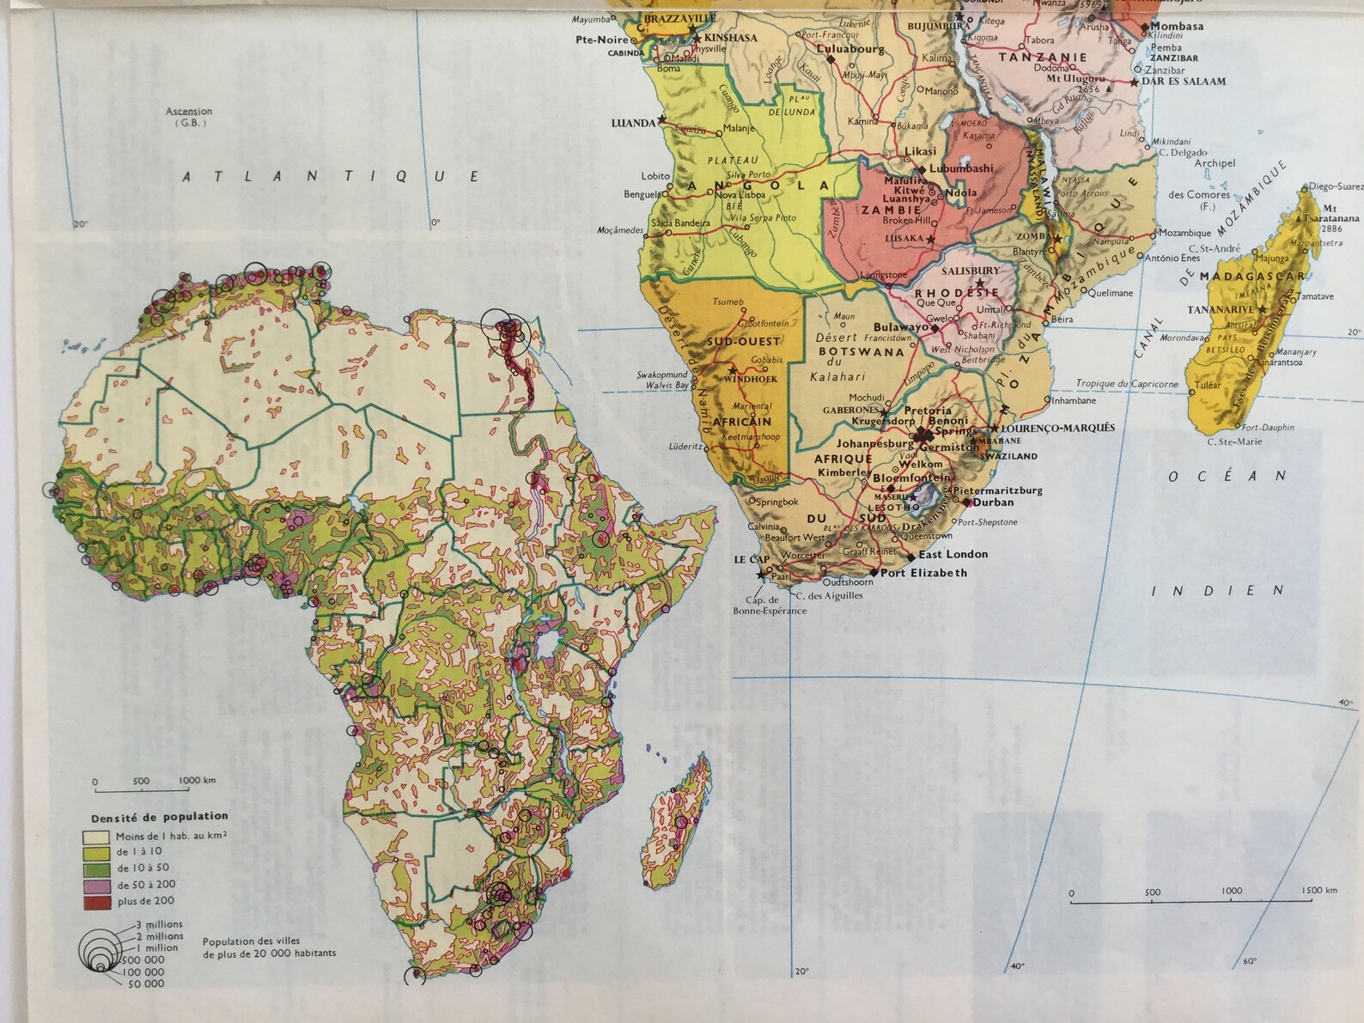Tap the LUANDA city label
click(x=633, y=124)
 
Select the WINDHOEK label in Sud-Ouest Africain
click(x=750, y=379)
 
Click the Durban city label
click(x=993, y=502)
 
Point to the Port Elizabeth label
click(x=923, y=573)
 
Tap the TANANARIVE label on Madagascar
click(x=1220, y=310)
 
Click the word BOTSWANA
click(x=861, y=351)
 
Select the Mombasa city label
click(x=1177, y=27)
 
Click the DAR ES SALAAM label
click(x=1184, y=82)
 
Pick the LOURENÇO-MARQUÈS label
click(x=1057, y=428)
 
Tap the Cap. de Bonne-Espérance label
click(x=769, y=606)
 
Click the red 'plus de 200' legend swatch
click(x=96, y=902)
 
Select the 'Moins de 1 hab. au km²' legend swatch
click(x=96, y=837)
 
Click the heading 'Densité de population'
click(x=160, y=817)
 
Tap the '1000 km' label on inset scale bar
click(x=197, y=780)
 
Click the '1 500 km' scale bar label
click(x=1318, y=890)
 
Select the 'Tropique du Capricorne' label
click(x=1127, y=384)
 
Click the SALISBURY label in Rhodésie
click(x=970, y=271)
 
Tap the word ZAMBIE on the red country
click(x=891, y=210)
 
